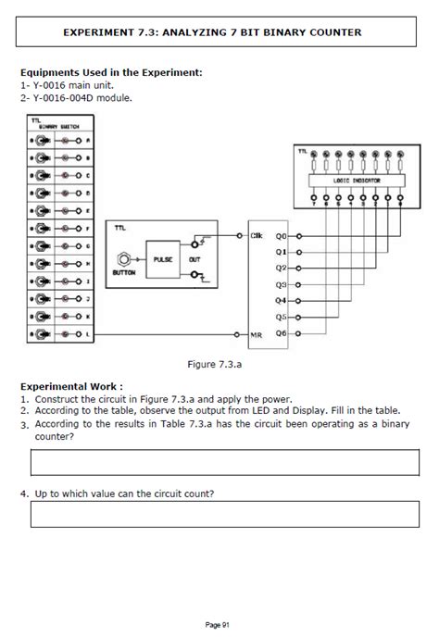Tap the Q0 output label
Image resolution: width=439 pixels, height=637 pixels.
(282, 235)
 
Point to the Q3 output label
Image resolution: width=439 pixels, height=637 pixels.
(282, 284)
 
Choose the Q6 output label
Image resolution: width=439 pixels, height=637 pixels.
(282, 332)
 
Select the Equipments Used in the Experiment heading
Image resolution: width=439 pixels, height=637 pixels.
(110, 71)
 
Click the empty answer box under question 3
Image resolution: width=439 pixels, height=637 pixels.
(219, 460)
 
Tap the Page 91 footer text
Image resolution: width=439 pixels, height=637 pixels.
(219, 624)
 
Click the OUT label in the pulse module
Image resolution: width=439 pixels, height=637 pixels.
(194, 260)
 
